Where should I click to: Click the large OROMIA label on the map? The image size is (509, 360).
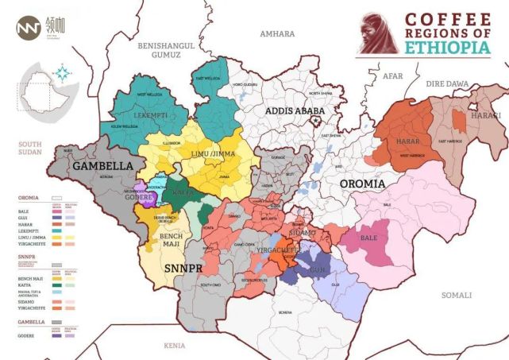tap(362, 184)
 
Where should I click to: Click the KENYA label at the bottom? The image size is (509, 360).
tap(173, 346)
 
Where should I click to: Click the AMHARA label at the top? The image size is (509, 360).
tap(277, 34)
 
